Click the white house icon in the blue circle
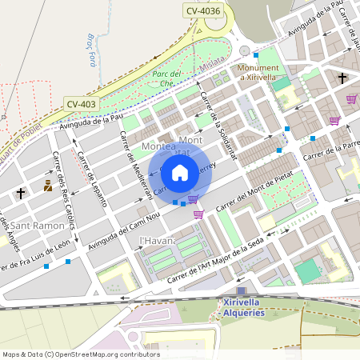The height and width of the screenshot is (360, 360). (x=180, y=172)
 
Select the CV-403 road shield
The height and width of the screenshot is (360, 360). (x=82, y=104)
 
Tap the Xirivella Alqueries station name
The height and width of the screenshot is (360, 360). (x=242, y=307)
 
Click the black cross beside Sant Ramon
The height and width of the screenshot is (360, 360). (x=20, y=193)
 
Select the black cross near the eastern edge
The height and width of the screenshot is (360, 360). (x=342, y=78)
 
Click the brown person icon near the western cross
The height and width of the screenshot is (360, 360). (x=49, y=186)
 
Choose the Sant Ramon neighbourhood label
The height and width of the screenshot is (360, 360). (x=39, y=226)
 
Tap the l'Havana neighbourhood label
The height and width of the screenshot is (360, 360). (x=157, y=240)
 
